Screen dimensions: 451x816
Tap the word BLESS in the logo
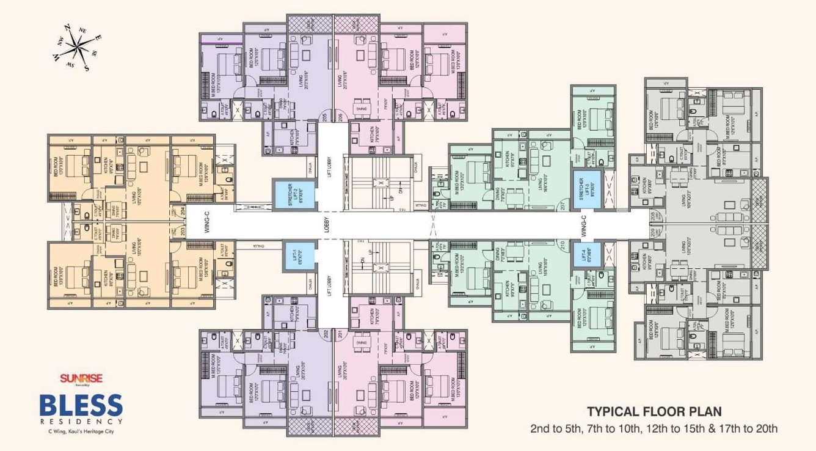(x=81, y=405)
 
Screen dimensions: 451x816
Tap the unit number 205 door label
(x=324, y=117)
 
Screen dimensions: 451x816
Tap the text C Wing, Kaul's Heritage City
(x=81, y=432)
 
